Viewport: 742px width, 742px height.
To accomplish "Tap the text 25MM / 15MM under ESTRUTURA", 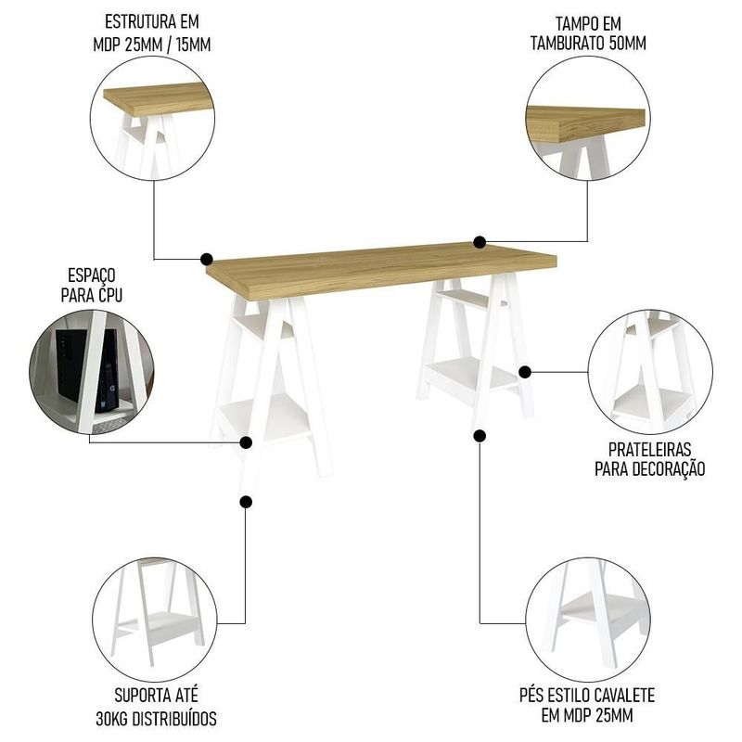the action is pyautogui.click(x=168, y=45).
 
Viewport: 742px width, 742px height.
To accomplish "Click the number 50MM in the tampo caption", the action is pyautogui.click(x=627, y=43).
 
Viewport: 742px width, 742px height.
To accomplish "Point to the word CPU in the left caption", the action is pyautogui.click(x=110, y=295).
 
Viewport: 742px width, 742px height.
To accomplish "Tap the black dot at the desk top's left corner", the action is pyautogui.click(x=206, y=259).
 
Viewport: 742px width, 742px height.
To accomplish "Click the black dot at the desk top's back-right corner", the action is pyautogui.click(x=480, y=242).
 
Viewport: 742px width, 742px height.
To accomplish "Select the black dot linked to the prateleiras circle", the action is pyautogui.click(x=524, y=373).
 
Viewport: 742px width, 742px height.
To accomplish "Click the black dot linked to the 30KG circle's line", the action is pyautogui.click(x=246, y=502).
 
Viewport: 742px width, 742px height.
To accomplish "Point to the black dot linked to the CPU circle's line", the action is pyautogui.click(x=246, y=442).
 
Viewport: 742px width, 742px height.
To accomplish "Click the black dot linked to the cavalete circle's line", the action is pyautogui.click(x=480, y=436).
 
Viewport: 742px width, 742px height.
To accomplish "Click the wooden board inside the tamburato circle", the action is pyautogui.click(x=586, y=124).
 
